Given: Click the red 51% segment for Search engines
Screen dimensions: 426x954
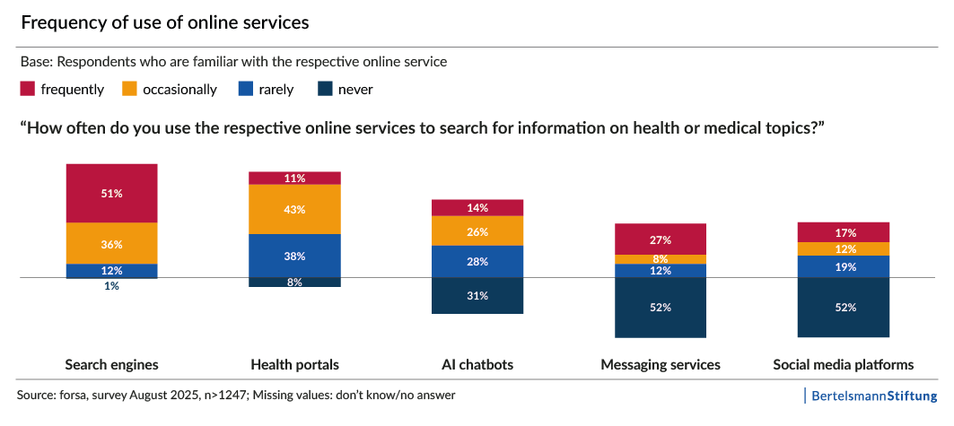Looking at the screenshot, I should tap(111, 193).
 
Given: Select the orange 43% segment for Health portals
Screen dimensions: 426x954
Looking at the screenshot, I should tap(294, 209).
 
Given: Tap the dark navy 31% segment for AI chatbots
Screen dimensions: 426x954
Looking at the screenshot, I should tap(477, 296).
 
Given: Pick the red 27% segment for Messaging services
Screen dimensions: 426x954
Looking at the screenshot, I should tap(661, 239).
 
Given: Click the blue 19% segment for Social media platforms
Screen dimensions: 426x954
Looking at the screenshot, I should tap(844, 267).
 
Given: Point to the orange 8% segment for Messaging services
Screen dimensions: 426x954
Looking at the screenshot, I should tap(661, 259).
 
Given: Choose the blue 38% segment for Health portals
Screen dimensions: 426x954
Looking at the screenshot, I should tap(294, 256).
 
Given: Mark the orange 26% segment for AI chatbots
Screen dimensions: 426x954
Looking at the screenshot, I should tap(477, 231).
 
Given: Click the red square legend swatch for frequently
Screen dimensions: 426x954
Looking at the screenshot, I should tap(27, 89).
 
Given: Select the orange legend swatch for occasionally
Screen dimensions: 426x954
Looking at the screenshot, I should tap(129, 89).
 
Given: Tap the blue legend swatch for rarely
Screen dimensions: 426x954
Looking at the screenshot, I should tap(245, 89).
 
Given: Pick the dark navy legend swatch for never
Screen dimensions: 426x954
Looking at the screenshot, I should tap(325, 89).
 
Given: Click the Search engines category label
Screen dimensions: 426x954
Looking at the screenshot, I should tap(111, 365).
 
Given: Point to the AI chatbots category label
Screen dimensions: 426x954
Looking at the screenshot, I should tap(477, 365).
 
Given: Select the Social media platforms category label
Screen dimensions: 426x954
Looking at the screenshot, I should tap(844, 365).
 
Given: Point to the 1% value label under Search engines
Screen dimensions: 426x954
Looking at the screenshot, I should tap(111, 286).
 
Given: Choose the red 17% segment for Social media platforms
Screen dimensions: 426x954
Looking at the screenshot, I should tap(844, 231).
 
